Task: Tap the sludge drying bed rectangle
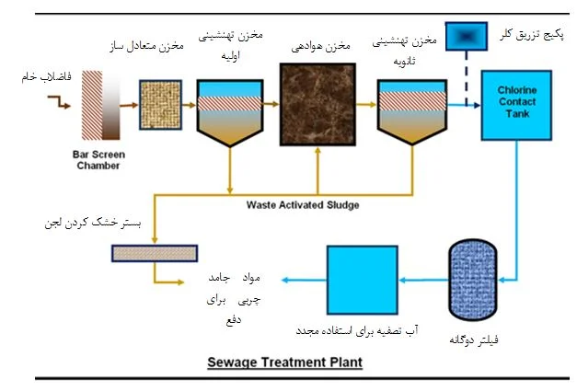click(x=156, y=251)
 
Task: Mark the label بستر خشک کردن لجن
click(x=87, y=224)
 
